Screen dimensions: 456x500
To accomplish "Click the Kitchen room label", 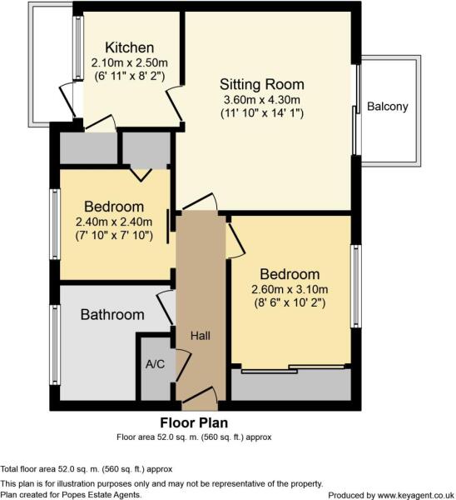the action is tap(130, 47).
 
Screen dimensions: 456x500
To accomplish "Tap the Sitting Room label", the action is tap(262, 84).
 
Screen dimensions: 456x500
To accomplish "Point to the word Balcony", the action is tap(388, 107).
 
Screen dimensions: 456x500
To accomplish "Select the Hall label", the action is tap(201, 336).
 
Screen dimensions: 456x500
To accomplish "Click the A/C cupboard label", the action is tap(155, 364).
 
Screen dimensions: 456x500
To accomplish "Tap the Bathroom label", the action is tap(112, 315).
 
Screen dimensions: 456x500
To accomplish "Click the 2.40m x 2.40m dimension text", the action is tap(114, 222).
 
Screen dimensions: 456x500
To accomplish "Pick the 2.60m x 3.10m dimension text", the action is tap(290, 289).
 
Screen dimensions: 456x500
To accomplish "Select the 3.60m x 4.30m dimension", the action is tap(262, 100).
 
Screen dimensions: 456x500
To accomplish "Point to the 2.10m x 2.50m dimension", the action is tap(130, 62).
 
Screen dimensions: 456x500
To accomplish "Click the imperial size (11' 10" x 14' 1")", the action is tap(262, 113).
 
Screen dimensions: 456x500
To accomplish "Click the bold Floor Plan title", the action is tap(194, 422).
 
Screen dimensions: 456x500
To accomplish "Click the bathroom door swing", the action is tap(166, 308).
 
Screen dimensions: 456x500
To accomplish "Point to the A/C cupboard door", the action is tap(183, 366).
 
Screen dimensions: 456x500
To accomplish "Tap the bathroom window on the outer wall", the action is tap(56, 345).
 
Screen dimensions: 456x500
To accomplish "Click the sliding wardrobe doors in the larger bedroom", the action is tap(293, 369).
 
